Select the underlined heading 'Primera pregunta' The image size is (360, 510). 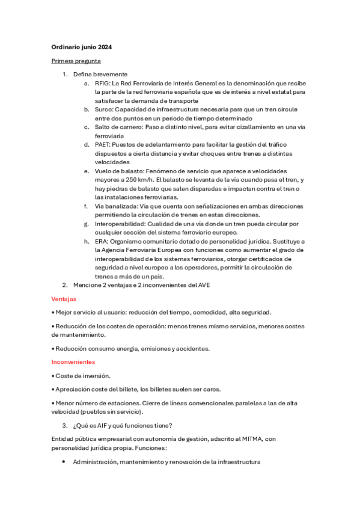click(x=76, y=61)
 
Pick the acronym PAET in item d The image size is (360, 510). click(x=102, y=145)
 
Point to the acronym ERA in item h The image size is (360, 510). click(x=101, y=241)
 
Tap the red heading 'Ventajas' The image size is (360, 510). click(x=64, y=299)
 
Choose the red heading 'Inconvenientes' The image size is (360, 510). click(x=73, y=362)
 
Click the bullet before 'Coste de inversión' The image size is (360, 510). click(x=53, y=375)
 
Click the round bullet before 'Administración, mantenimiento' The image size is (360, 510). click(x=64, y=462)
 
